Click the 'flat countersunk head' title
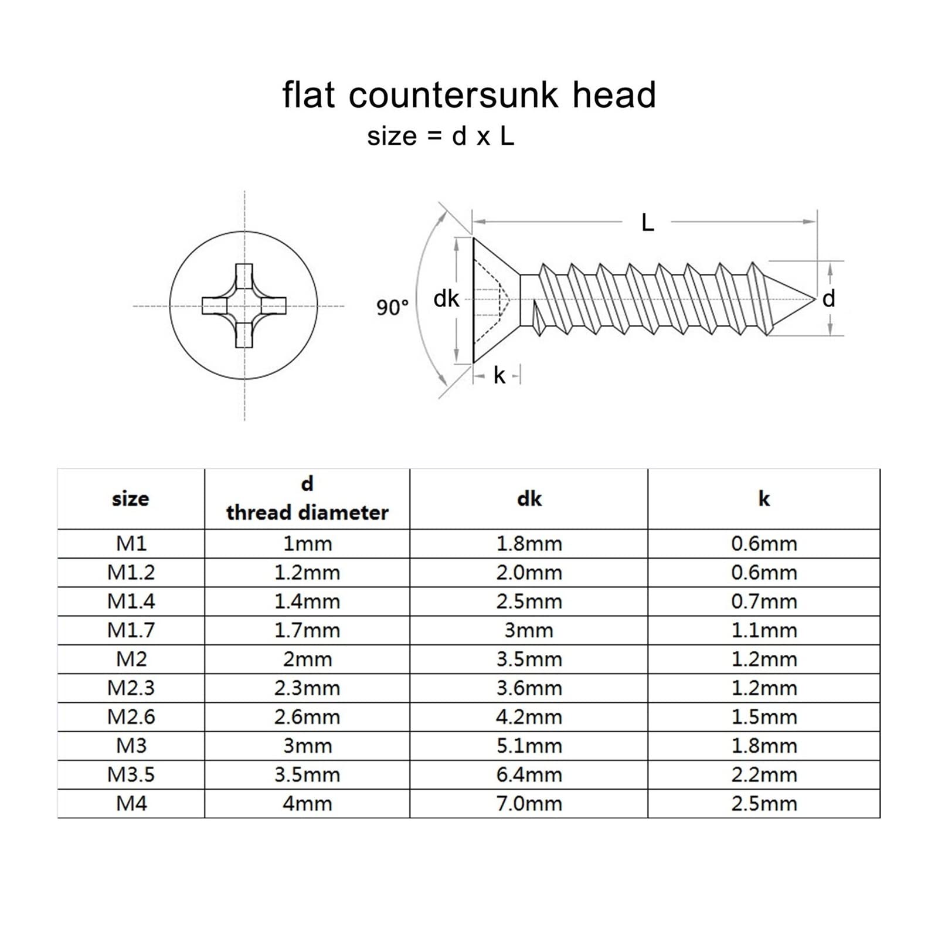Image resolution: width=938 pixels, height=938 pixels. pos(469,95)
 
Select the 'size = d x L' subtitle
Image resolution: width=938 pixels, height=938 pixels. pos(441,137)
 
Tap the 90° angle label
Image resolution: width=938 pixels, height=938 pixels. pos(392,307)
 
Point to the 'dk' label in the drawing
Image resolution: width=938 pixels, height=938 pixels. pos(446,299)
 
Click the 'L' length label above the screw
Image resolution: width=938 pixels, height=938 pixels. pos(647,223)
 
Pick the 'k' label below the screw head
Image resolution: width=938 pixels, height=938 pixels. pos(499,375)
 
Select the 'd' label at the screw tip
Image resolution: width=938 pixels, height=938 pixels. pos(828,299)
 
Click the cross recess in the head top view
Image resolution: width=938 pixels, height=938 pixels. pos(244,306)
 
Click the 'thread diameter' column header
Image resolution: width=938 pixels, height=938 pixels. pos(307,513)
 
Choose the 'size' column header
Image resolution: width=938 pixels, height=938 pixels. pos(131,499)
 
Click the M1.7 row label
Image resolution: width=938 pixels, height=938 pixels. pos(131,630)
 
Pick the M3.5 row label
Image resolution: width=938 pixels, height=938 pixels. pos(131,774)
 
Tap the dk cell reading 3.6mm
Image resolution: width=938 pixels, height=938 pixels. pos(529,688)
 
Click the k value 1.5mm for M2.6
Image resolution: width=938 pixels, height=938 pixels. pos(764,717)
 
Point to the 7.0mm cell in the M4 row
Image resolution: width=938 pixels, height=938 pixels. pos(529,803)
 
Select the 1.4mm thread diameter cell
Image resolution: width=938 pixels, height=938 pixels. pos(307,601)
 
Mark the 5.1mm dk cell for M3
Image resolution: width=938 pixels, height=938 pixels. pos(529,746)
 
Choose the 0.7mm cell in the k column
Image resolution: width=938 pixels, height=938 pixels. pos(764,601)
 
